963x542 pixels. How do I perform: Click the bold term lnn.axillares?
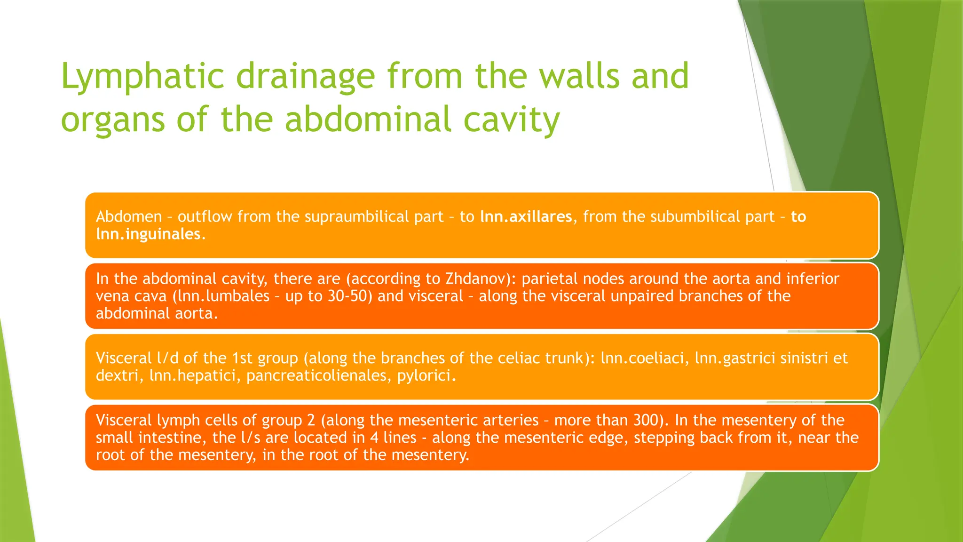coord(526,217)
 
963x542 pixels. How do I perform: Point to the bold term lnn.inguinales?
coord(148,234)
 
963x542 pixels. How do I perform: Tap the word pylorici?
coord(426,376)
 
